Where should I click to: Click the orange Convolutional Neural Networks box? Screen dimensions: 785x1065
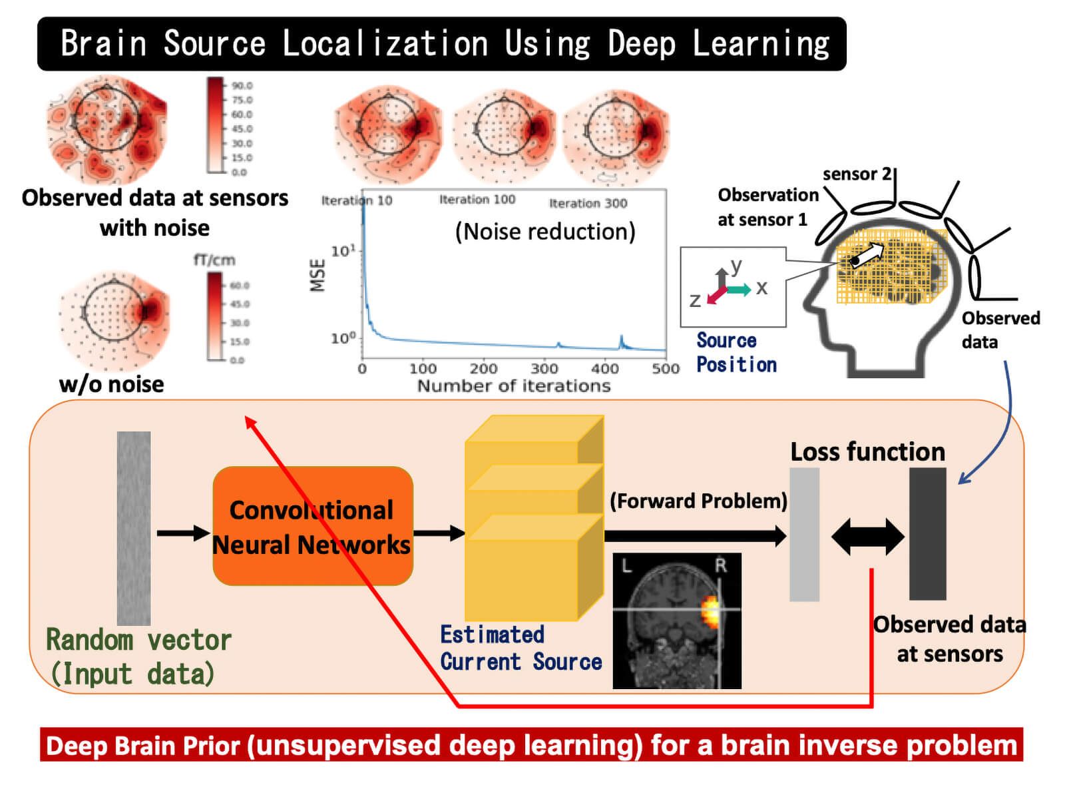312,526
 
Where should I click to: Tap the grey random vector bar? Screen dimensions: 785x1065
134,527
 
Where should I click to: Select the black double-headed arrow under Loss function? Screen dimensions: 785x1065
867,537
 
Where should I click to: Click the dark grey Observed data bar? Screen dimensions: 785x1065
927,533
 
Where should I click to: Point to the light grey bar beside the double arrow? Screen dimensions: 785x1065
804,535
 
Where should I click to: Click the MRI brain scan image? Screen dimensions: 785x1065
676,621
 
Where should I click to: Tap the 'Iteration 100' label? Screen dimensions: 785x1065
477,200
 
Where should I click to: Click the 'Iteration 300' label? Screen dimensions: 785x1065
588,203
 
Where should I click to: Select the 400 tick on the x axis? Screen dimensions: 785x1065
604,368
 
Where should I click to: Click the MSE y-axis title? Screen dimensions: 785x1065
318,276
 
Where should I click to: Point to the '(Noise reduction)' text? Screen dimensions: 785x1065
545,232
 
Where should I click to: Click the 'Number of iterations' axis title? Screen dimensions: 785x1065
513,386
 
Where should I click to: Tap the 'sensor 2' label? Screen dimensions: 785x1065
857,174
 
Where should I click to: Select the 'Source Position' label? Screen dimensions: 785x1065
736,353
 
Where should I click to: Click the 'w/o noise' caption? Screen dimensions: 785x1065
111,384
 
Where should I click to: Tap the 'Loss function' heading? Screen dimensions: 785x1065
867,452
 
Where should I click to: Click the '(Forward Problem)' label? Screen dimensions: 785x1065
698,501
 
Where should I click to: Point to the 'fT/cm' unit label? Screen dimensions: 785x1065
214,260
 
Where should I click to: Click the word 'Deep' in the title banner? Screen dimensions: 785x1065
642,44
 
